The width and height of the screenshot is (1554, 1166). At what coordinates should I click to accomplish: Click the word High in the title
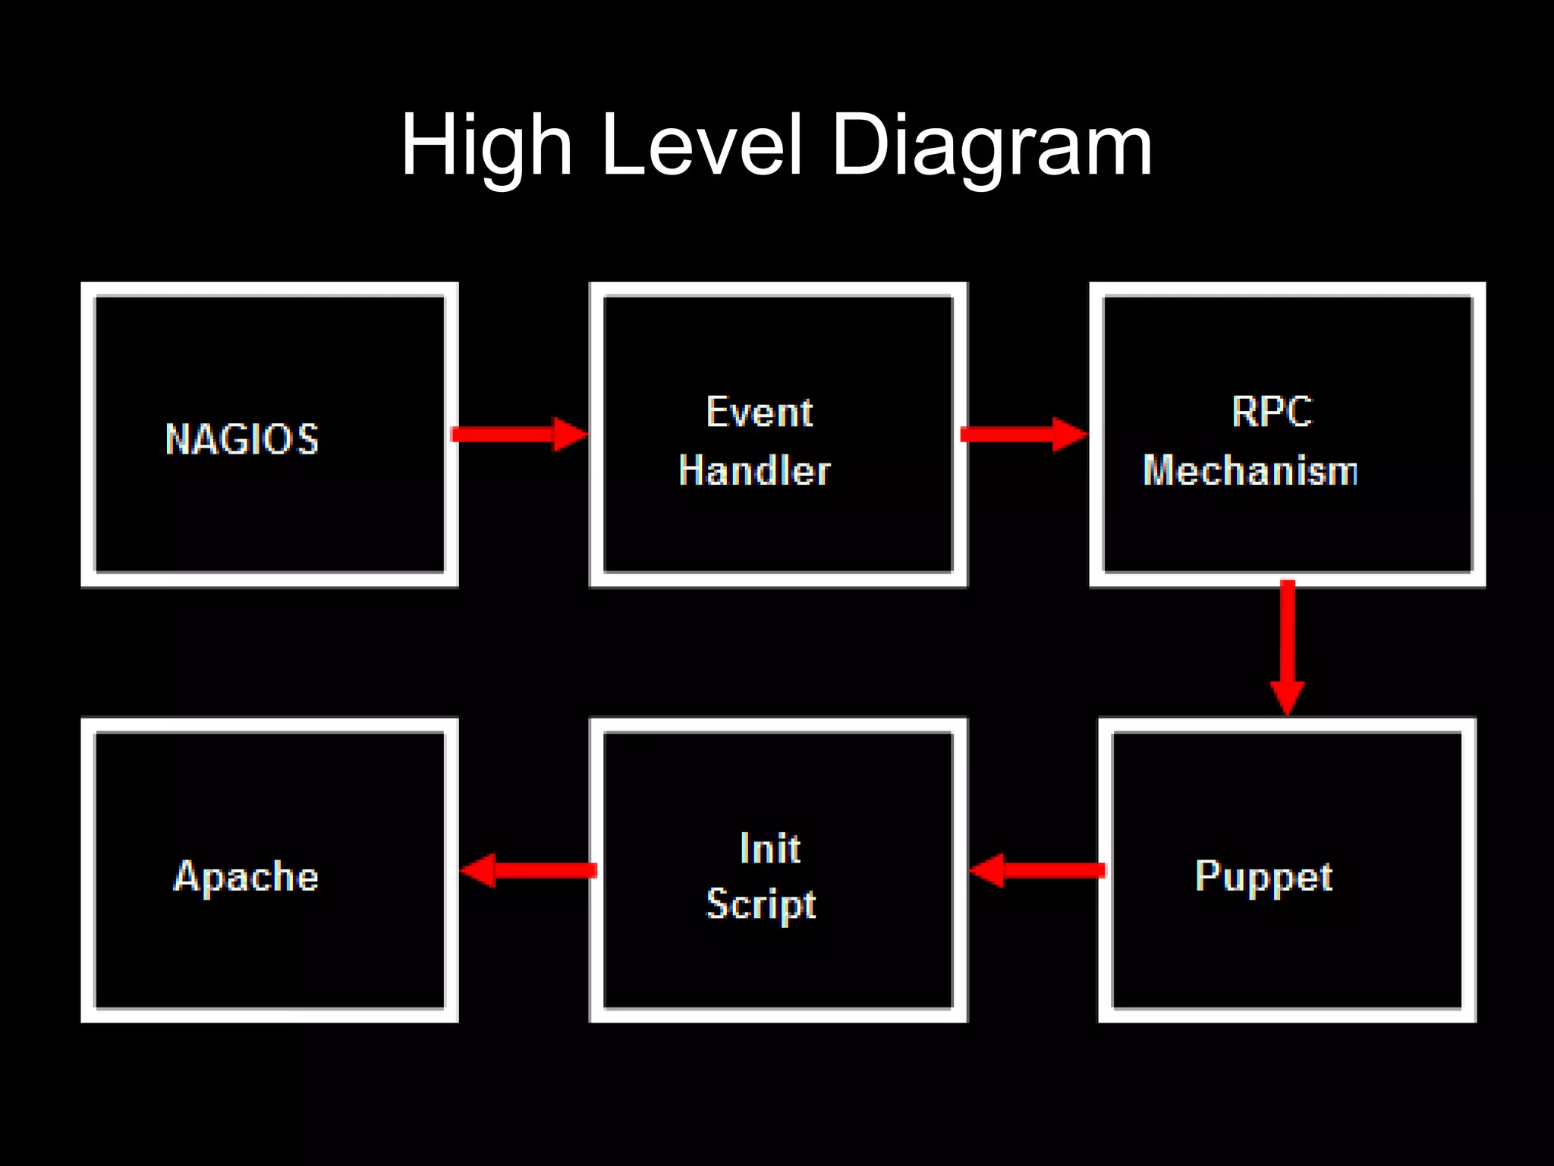point(486,146)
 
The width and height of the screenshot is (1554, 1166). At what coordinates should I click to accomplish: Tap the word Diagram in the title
point(992,146)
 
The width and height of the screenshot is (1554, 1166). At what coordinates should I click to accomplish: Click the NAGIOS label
point(242,439)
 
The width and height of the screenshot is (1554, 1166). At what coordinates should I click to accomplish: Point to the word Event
point(760,413)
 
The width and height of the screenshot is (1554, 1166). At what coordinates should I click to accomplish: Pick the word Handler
point(755,470)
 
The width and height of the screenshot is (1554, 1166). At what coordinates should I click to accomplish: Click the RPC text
point(1272,413)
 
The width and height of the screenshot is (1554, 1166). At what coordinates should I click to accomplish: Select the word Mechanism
point(1250,470)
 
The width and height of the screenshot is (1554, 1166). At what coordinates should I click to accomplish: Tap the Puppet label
point(1263,877)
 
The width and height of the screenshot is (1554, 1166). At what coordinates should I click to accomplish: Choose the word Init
point(770,848)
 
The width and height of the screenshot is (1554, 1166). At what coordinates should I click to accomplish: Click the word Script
point(761,904)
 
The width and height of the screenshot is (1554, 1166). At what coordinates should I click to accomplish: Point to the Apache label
point(246,877)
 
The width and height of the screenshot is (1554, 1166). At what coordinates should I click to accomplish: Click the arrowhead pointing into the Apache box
point(480,870)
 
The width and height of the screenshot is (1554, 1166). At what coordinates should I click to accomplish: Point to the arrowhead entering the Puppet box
point(1288,696)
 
